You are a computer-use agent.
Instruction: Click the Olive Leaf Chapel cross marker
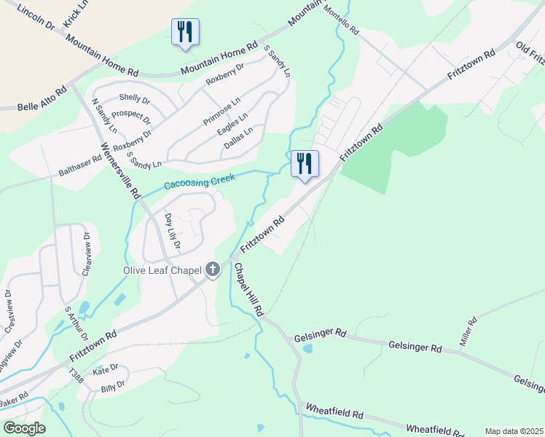[212, 270]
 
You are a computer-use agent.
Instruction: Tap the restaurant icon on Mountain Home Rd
[184, 32]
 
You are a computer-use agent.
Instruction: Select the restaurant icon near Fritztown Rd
[305, 163]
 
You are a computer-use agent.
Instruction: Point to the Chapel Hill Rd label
[248, 289]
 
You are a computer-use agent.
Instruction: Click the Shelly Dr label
[134, 98]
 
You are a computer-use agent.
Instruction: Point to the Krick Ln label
[76, 13]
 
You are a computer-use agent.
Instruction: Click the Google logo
[24, 428]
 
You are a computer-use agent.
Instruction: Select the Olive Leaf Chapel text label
[161, 270]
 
